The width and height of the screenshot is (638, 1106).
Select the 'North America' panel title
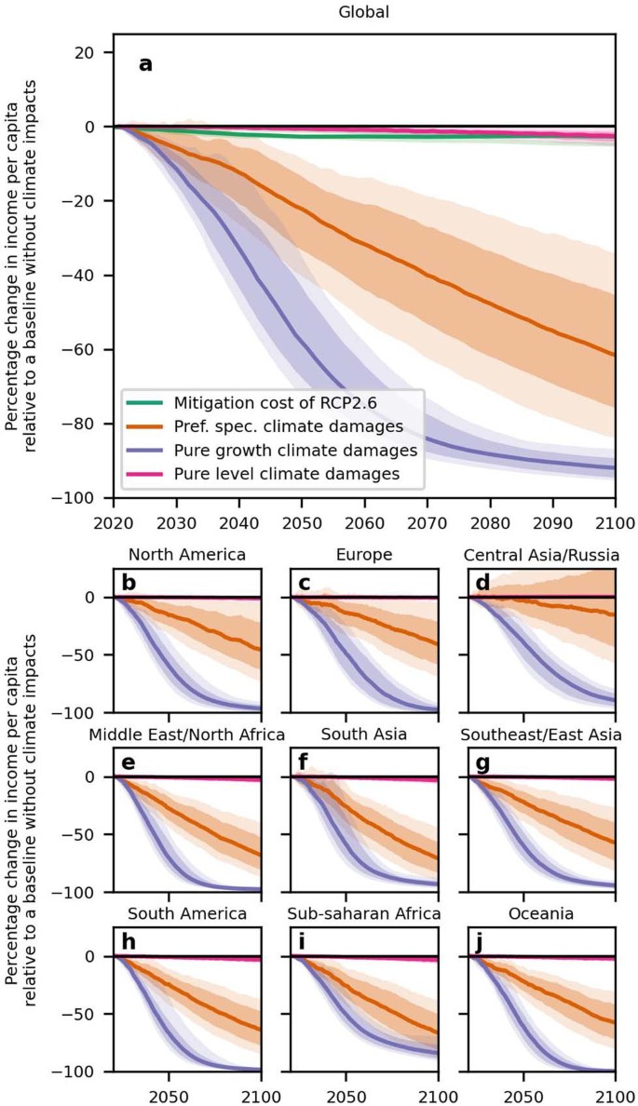[x=187, y=555]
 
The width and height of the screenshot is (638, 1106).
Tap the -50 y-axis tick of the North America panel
[x=90, y=655]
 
